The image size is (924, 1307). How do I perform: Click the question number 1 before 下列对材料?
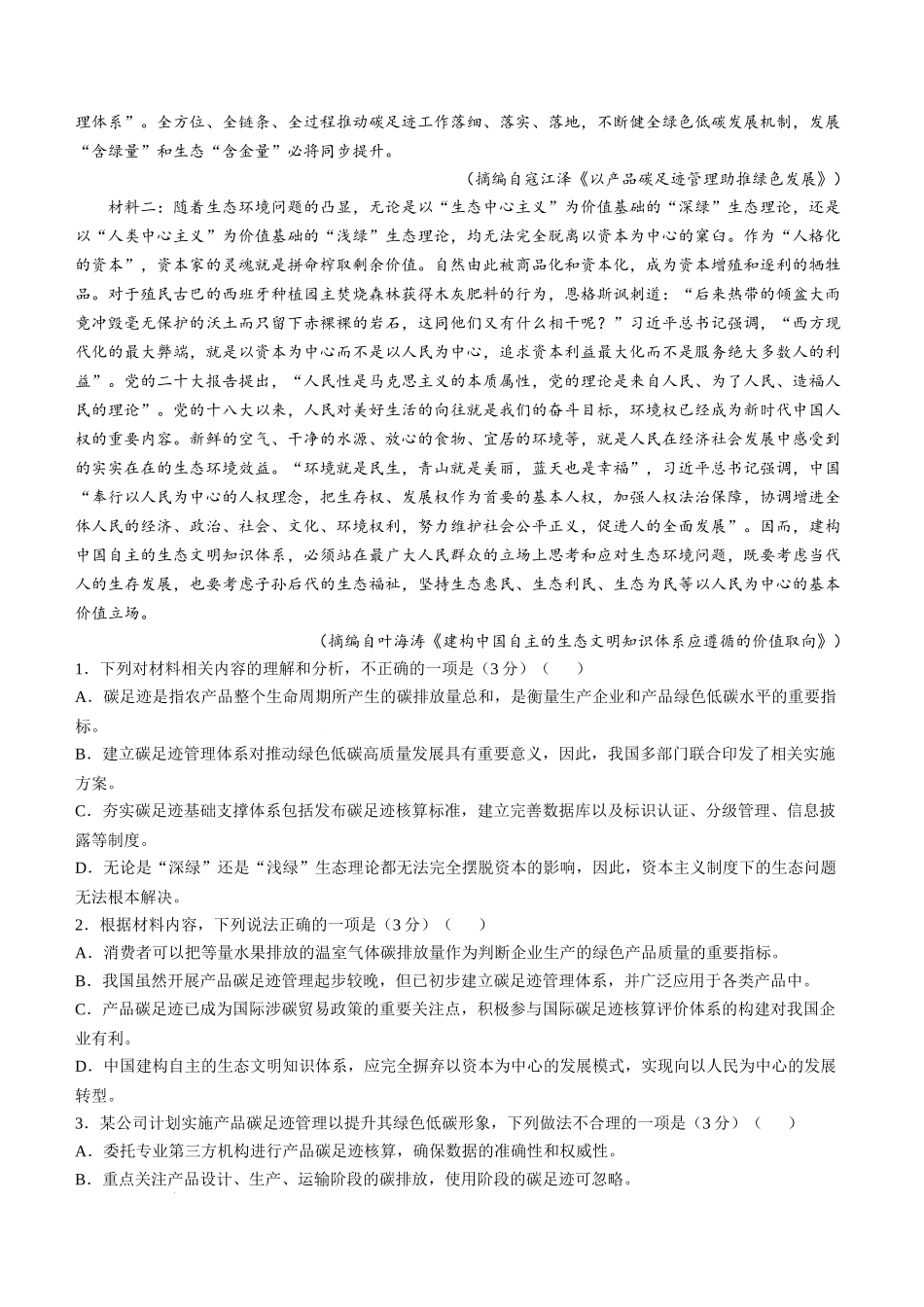click(81, 669)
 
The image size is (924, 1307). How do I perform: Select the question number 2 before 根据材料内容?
click(81, 925)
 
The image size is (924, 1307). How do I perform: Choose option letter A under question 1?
click(81, 697)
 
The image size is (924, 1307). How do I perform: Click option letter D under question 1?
click(81, 867)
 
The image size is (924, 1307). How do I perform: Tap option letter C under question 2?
click(81, 1009)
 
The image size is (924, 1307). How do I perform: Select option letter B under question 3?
click(81, 1181)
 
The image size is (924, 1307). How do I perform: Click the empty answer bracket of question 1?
click(563, 669)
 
